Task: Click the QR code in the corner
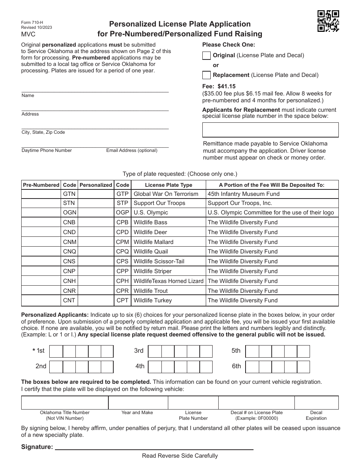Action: (x=328, y=21)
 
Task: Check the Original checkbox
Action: (x=206, y=56)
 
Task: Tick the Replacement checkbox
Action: (x=206, y=75)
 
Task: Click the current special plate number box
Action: (x=270, y=130)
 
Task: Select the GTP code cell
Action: (x=122, y=194)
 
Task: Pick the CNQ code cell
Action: (x=69, y=252)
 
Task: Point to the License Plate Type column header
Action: (x=169, y=185)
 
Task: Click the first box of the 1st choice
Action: (x=56, y=352)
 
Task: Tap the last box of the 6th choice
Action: (x=304, y=367)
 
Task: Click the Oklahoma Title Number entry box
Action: (x=65, y=403)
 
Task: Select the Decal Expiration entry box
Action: (x=316, y=403)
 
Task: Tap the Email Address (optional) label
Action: (x=131, y=150)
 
